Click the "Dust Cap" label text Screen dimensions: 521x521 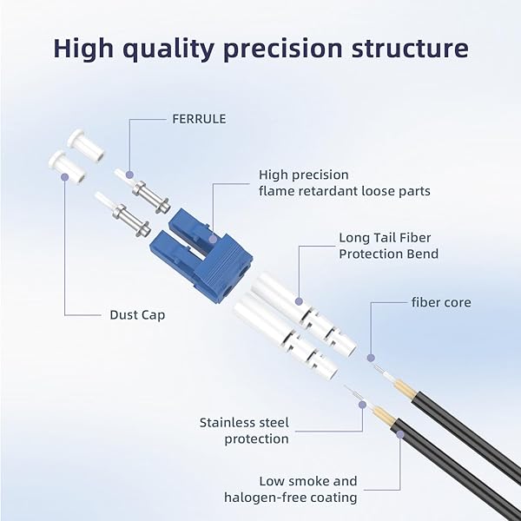click(137, 315)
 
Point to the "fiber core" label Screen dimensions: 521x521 click(441, 302)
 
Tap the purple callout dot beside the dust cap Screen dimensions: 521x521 click(64, 176)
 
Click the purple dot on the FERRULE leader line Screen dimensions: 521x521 click(129, 175)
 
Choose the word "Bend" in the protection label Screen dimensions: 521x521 click(420, 254)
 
